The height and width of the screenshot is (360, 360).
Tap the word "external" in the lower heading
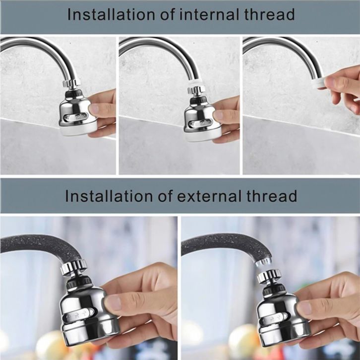pyautogui.click(x=209, y=196)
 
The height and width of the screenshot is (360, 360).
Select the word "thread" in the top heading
pyautogui.click(x=269, y=14)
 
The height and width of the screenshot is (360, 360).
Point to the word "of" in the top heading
pyautogui.click(x=167, y=14)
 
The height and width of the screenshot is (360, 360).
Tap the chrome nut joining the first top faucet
pyautogui.click(x=71, y=83)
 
